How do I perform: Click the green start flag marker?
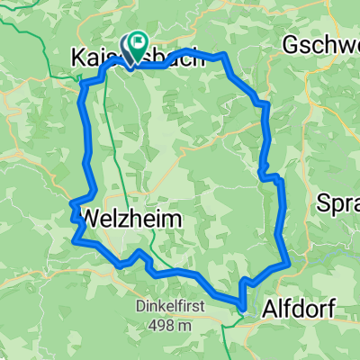point(138,41)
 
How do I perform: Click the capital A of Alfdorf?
point(268,310)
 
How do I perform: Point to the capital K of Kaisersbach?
point(76,58)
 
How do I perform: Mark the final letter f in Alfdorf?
point(330,310)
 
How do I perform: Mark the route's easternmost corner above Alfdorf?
point(287,264)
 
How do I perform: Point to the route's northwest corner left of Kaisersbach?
point(84,83)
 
